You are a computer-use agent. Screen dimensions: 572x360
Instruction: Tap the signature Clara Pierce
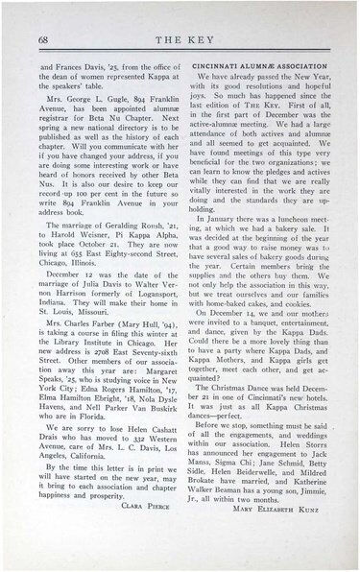[x=144, y=507]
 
